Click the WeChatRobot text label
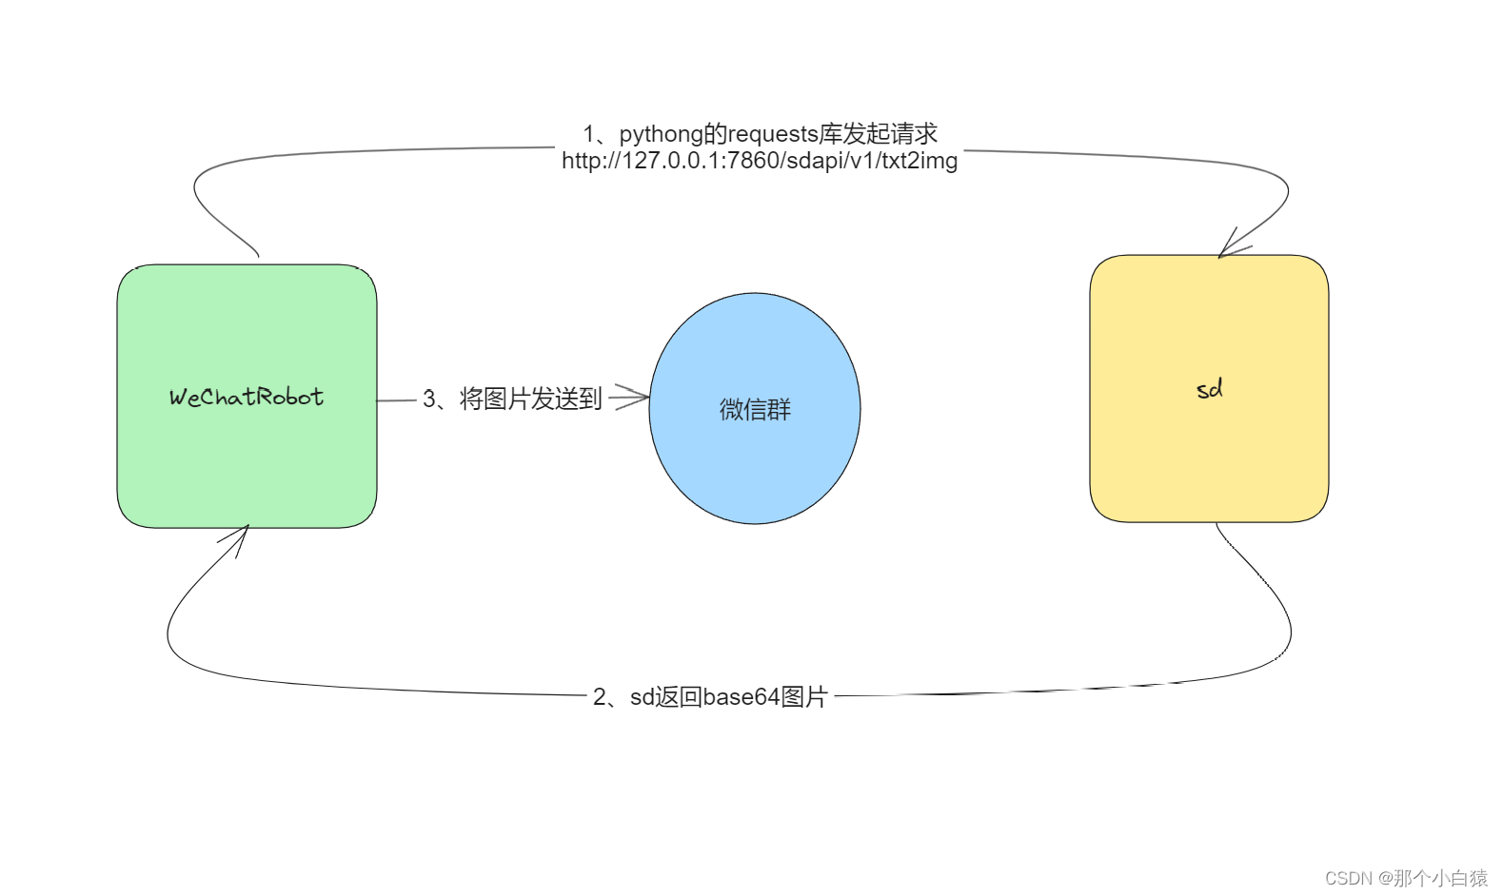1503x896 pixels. click(x=247, y=397)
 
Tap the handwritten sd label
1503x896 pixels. click(x=1209, y=389)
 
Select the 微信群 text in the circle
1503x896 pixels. click(x=755, y=410)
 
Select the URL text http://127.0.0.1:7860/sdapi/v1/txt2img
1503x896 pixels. click(x=760, y=161)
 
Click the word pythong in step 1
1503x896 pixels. click(x=661, y=134)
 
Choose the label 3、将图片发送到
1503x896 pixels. click(x=512, y=399)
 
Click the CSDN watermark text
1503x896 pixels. click(x=1349, y=878)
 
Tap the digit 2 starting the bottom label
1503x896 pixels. click(x=600, y=697)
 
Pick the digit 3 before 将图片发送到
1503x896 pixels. click(x=429, y=399)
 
